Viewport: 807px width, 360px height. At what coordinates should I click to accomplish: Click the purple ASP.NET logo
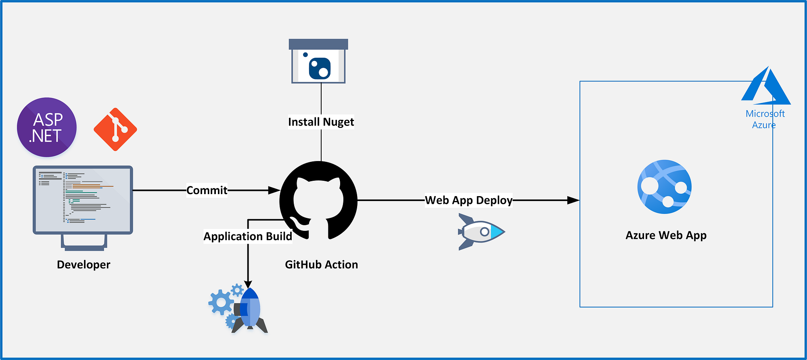tap(47, 127)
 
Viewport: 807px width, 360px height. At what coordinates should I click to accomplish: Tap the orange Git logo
tap(115, 130)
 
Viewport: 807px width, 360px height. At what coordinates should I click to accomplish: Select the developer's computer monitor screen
tap(83, 200)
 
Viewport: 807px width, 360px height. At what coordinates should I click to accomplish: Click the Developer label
tap(84, 265)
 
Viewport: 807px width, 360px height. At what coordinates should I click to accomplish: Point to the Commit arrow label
tap(207, 190)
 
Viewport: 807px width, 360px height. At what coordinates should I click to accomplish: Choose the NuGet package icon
tap(319, 61)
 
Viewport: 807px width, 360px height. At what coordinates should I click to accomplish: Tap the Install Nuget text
tap(321, 122)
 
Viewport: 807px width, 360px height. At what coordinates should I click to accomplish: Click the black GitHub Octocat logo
tap(318, 200)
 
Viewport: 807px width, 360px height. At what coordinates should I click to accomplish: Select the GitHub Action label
tap(322, 265)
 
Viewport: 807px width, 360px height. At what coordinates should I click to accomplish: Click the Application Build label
tap(248, 237)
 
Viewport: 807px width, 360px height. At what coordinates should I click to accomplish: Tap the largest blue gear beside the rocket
tap(221, 302)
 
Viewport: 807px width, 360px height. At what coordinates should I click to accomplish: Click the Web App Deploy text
tap(468, 200)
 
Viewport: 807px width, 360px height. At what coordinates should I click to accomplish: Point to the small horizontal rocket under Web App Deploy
tap(481, 232)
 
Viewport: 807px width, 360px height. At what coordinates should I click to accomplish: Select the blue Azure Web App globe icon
tap(665, 187)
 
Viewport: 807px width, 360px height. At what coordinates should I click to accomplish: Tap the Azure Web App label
tap(666, 235)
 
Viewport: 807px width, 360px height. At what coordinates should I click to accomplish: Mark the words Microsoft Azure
tap(765, 119)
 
